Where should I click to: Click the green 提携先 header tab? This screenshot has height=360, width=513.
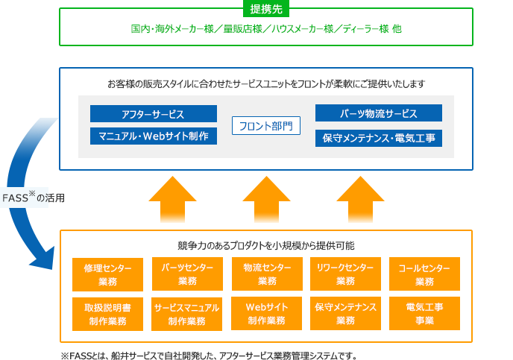266,9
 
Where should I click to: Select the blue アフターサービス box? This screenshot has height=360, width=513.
154,114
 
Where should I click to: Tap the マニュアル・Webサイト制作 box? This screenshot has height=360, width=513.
154,136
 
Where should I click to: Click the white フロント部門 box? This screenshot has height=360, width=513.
266,125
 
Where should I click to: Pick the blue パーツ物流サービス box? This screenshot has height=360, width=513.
379,113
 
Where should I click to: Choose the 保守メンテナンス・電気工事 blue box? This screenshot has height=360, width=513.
379,138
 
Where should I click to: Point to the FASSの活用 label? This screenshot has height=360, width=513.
33,198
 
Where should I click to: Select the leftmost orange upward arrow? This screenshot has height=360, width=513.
172,200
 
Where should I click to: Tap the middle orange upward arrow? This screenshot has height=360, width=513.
266,200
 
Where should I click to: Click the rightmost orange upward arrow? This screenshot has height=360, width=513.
360,200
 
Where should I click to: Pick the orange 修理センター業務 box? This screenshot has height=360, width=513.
107,274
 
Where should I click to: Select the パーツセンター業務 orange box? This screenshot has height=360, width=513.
187,274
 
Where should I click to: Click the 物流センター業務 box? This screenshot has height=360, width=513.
267,274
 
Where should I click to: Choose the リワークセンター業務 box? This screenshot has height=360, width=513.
345,274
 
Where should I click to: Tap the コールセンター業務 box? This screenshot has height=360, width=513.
424,274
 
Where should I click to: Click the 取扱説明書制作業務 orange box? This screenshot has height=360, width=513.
107,314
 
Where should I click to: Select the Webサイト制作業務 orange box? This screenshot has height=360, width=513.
266,313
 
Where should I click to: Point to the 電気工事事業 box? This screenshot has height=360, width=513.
424,313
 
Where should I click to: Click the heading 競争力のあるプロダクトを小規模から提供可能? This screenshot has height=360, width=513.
266,245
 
